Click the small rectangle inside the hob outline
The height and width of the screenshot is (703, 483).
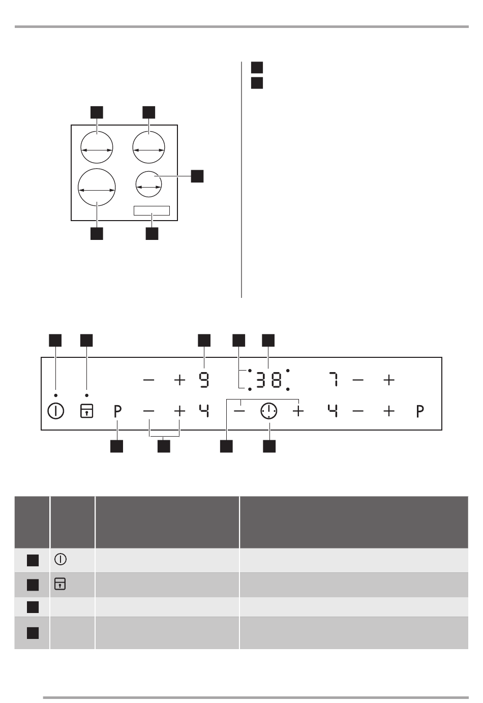pyautogui.click(x=152, y=206)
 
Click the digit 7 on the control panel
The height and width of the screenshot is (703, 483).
pyautogui.click(x=334, y=380)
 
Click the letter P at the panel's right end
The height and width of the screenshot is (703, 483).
pyautogui.click(x=420, y=411)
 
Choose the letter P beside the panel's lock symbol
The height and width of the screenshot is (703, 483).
pyautogui.click(x=117, y=411)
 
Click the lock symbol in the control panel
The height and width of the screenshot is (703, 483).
pyautogui.click(x=86, y=411)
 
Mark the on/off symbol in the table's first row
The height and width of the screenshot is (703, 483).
pyautogui.click(x=61, y=559)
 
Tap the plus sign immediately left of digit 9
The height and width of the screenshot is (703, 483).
pyautogui.click(x=179, y=380)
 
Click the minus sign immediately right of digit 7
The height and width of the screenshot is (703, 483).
pyautogui.click(x=358, y=380)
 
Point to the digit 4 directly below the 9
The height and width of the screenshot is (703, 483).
pyautogui.click(x=204, y=411)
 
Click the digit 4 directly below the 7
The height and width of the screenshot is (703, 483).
pyautogui.click(x=333, y=411)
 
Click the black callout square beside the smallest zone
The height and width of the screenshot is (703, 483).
pyautogui.click(x=197, y=176)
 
